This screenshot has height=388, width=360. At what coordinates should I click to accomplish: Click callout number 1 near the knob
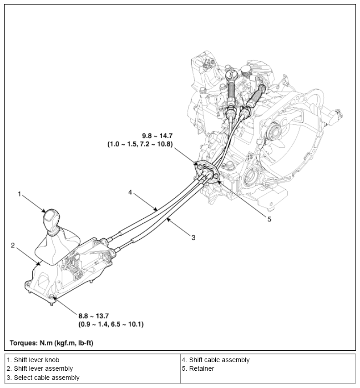[20, 194]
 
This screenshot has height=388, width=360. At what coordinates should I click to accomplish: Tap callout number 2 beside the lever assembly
[13, 245]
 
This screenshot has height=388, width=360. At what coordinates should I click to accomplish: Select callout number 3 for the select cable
[193, 237]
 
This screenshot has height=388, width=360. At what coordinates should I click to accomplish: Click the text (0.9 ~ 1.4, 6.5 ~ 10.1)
[112, 324]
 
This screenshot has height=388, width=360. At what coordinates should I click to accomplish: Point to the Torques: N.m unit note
[51, 342]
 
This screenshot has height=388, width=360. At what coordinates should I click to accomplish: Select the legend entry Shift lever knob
[33, 360]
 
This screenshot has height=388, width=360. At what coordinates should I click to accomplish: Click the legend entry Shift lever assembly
[40, 368]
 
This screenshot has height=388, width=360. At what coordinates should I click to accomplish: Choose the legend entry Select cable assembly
[43, 378]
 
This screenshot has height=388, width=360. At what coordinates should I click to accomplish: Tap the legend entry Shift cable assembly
[216, 360]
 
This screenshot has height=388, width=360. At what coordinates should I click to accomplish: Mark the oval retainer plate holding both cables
[208, 171]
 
